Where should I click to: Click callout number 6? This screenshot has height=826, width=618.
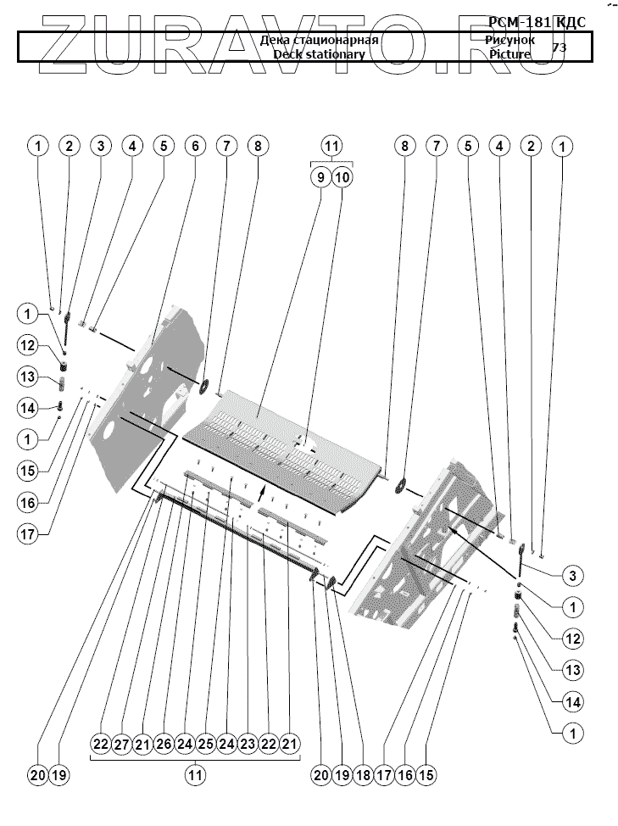pos(195,146)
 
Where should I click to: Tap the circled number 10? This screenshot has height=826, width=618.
pos(342,176)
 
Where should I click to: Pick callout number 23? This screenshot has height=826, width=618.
pos(248,744)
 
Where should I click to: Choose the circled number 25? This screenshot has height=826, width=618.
pos(205,744)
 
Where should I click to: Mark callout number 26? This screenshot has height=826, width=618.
pos(164,744)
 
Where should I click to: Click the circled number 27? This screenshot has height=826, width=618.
pos(121,744)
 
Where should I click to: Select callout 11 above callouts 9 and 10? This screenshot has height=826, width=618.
pos(331,146)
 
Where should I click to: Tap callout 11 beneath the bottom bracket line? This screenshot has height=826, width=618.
pos(196,774)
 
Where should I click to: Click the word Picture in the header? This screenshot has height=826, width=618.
pos(509,54)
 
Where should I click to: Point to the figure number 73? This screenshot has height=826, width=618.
pos(560,47)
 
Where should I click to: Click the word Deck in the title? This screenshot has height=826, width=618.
pos(288,54)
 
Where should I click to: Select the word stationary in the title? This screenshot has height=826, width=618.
pos(335,54)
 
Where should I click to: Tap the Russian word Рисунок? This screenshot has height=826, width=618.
pos(510,40)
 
